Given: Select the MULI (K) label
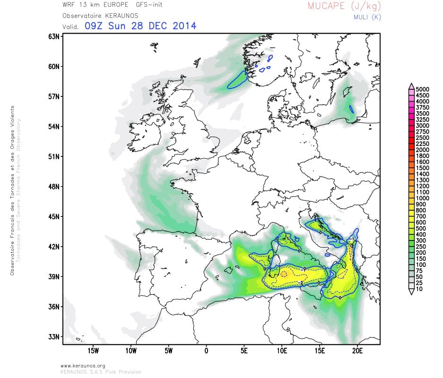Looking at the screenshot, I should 367,17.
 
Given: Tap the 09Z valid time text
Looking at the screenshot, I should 95,26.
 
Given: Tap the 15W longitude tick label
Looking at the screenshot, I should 93,351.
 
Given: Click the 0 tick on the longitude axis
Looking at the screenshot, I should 206,351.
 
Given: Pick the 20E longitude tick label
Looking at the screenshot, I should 357,351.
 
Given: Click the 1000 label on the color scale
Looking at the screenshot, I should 423,198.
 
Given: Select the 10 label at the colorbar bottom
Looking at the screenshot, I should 419,289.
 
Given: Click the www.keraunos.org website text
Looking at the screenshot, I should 83,366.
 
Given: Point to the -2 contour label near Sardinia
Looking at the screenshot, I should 300,283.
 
